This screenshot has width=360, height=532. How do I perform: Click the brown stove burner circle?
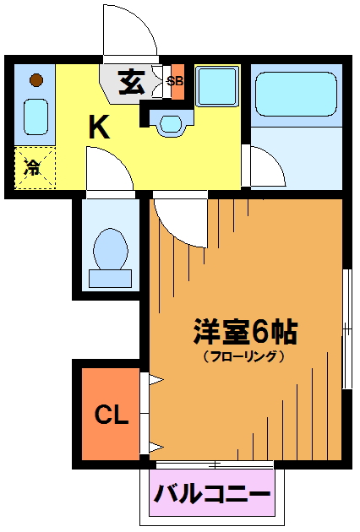36,80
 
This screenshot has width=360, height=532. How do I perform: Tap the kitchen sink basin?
35,117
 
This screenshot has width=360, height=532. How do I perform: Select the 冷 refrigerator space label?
32,167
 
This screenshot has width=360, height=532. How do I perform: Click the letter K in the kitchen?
99,127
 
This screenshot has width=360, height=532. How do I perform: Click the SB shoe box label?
175,81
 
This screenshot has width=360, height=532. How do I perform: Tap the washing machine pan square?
217,86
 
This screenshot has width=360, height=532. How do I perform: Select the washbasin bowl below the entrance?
171,123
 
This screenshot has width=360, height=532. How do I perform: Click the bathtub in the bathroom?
296,94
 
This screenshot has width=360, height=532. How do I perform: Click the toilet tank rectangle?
110,279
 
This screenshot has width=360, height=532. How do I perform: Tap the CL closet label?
112,415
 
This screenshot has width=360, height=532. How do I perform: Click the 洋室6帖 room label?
245,331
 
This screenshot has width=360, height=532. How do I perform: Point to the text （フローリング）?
243,356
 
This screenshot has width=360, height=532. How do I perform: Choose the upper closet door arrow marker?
156,380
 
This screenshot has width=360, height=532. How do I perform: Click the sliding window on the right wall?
346,329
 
